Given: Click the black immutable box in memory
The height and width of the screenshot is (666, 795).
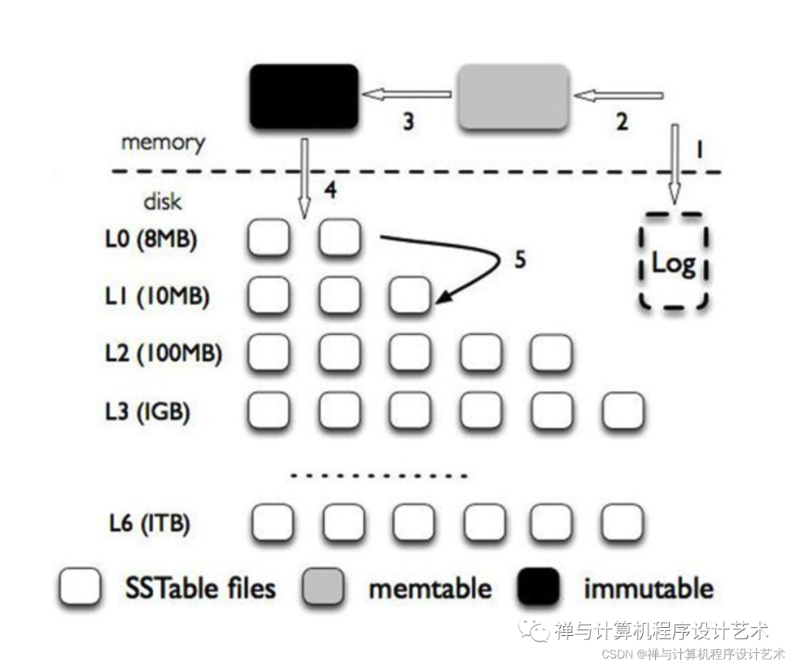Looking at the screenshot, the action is (x=304, y=96).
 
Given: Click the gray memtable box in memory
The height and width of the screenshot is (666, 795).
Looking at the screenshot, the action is (x=513, y=96).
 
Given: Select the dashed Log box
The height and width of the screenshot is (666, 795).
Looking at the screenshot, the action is (x=674, y=261).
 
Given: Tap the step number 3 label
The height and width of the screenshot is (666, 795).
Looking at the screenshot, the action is (x=408, y=121).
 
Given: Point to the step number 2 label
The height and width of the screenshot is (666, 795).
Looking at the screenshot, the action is (x=621, y=121).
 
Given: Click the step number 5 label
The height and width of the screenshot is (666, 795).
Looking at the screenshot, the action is (x=520, y=260).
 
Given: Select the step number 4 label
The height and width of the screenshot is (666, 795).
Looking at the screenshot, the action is (x=331, y=191).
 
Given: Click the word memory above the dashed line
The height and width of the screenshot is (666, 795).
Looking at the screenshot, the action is (x=163, y=143).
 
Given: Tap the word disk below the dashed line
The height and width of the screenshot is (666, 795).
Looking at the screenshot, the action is (x=162, y=202).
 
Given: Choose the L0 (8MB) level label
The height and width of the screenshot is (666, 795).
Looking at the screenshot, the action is (x=151, y=238).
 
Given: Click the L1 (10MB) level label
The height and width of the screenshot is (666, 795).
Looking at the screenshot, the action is (x=157, y=297).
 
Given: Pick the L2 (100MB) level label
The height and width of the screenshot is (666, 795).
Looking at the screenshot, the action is (x=163, y=353).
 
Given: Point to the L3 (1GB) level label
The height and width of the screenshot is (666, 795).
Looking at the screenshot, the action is (x=147, y=411).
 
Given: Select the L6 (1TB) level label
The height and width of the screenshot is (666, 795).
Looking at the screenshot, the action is (x=149, y=523).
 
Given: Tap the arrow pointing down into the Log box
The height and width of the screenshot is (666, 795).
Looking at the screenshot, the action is (x=675, y=164).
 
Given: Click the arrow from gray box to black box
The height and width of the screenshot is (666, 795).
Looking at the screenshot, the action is (x=406, y=94).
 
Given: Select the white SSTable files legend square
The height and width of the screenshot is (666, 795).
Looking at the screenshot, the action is (x=79, y=587).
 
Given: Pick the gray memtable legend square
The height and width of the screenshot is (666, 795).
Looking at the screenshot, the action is (x=322, y=587).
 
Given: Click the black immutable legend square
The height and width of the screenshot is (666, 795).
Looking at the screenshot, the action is (x=538, y=587).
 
